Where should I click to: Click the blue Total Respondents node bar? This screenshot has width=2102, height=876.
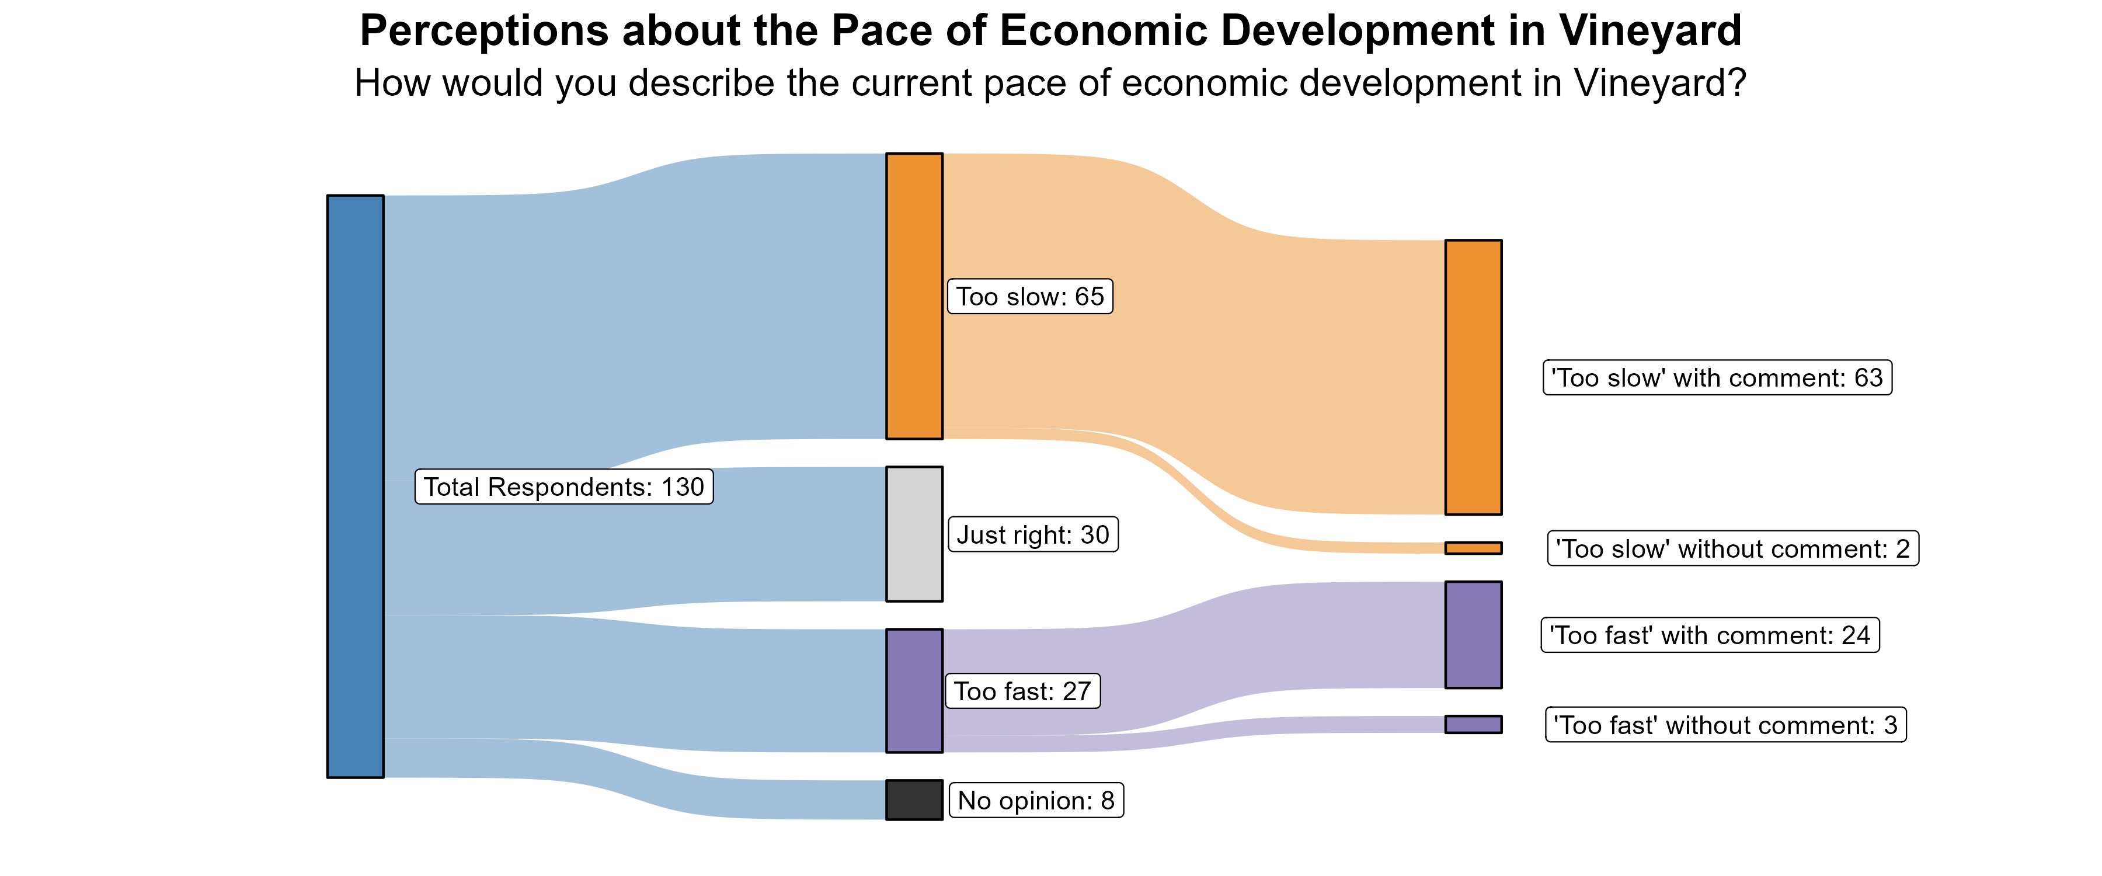[x=355, y=486]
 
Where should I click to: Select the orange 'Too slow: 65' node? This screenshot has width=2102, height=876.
[x=914, y=296]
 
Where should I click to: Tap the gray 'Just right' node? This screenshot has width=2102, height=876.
[x=914, y=534]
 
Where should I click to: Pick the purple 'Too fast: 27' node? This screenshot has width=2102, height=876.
[x=914, y=691]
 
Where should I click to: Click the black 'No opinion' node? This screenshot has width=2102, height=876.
[x=914, y=800]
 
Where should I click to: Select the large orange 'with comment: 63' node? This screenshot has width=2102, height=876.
[x=1473, y=377]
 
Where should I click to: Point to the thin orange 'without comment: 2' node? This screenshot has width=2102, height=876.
[x=1473, y=548]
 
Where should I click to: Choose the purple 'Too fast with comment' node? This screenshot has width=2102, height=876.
[x=1473, y=634]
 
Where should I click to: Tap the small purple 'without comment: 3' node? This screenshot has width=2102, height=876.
[x=1473, y=724]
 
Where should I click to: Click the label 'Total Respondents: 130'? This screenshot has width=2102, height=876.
[x=564, y=486]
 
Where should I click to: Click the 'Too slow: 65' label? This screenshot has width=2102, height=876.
[x=1030, y=296]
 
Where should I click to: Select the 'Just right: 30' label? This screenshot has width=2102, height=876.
[x=1032, y=535]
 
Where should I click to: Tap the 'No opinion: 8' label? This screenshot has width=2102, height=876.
[x=1036, y=800]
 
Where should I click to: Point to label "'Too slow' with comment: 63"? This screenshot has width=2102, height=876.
[x=1717, y=378]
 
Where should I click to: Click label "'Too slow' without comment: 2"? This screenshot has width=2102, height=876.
[x=1732, y=548]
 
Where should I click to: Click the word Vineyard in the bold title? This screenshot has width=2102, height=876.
[x=1650, y=31]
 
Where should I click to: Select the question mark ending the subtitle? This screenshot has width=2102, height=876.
[x=1736, y=84]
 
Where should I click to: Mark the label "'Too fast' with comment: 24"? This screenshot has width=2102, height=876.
[x=1710, y=635]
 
